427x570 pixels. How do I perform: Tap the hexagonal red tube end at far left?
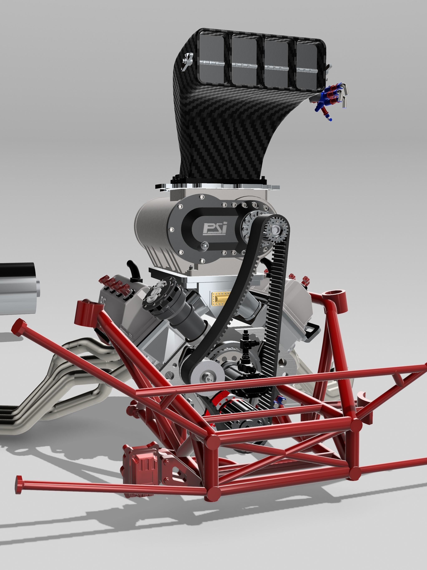[19, 327]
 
